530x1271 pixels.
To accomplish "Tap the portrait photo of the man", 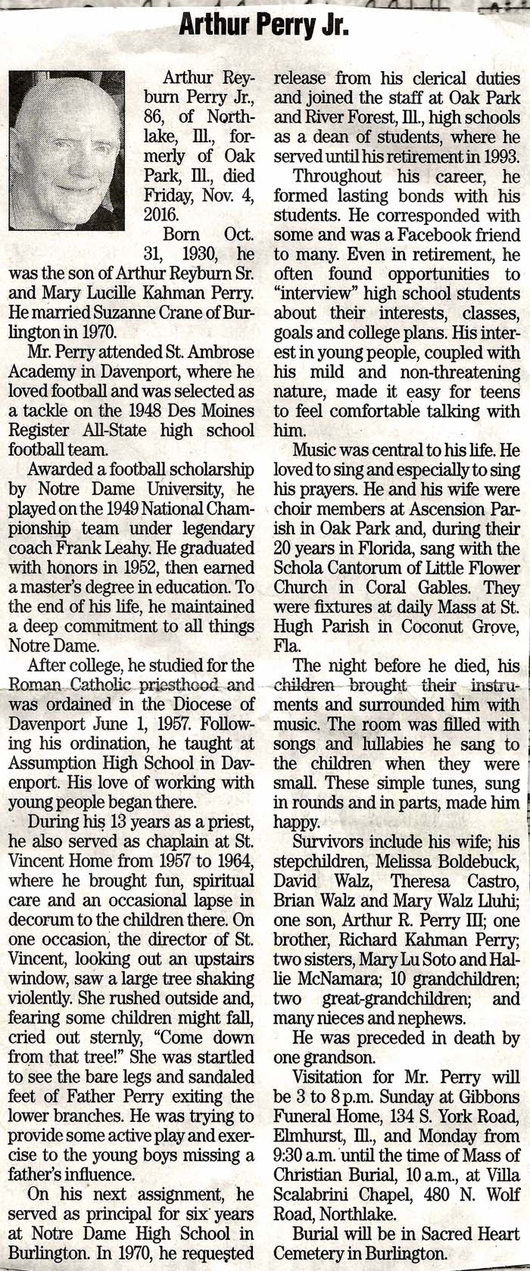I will pos(66,149).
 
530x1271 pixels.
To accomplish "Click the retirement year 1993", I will pos(497,157).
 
